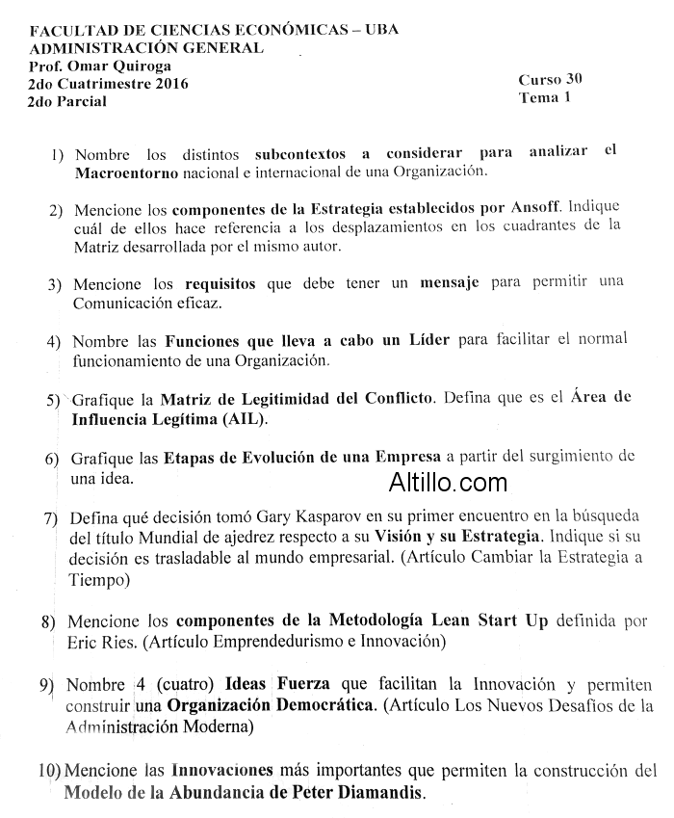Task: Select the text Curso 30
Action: coord(550,79)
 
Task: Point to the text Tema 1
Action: coord(544,97)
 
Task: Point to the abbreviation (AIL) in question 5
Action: coord(244,419)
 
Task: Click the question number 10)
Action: coord(50,772)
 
